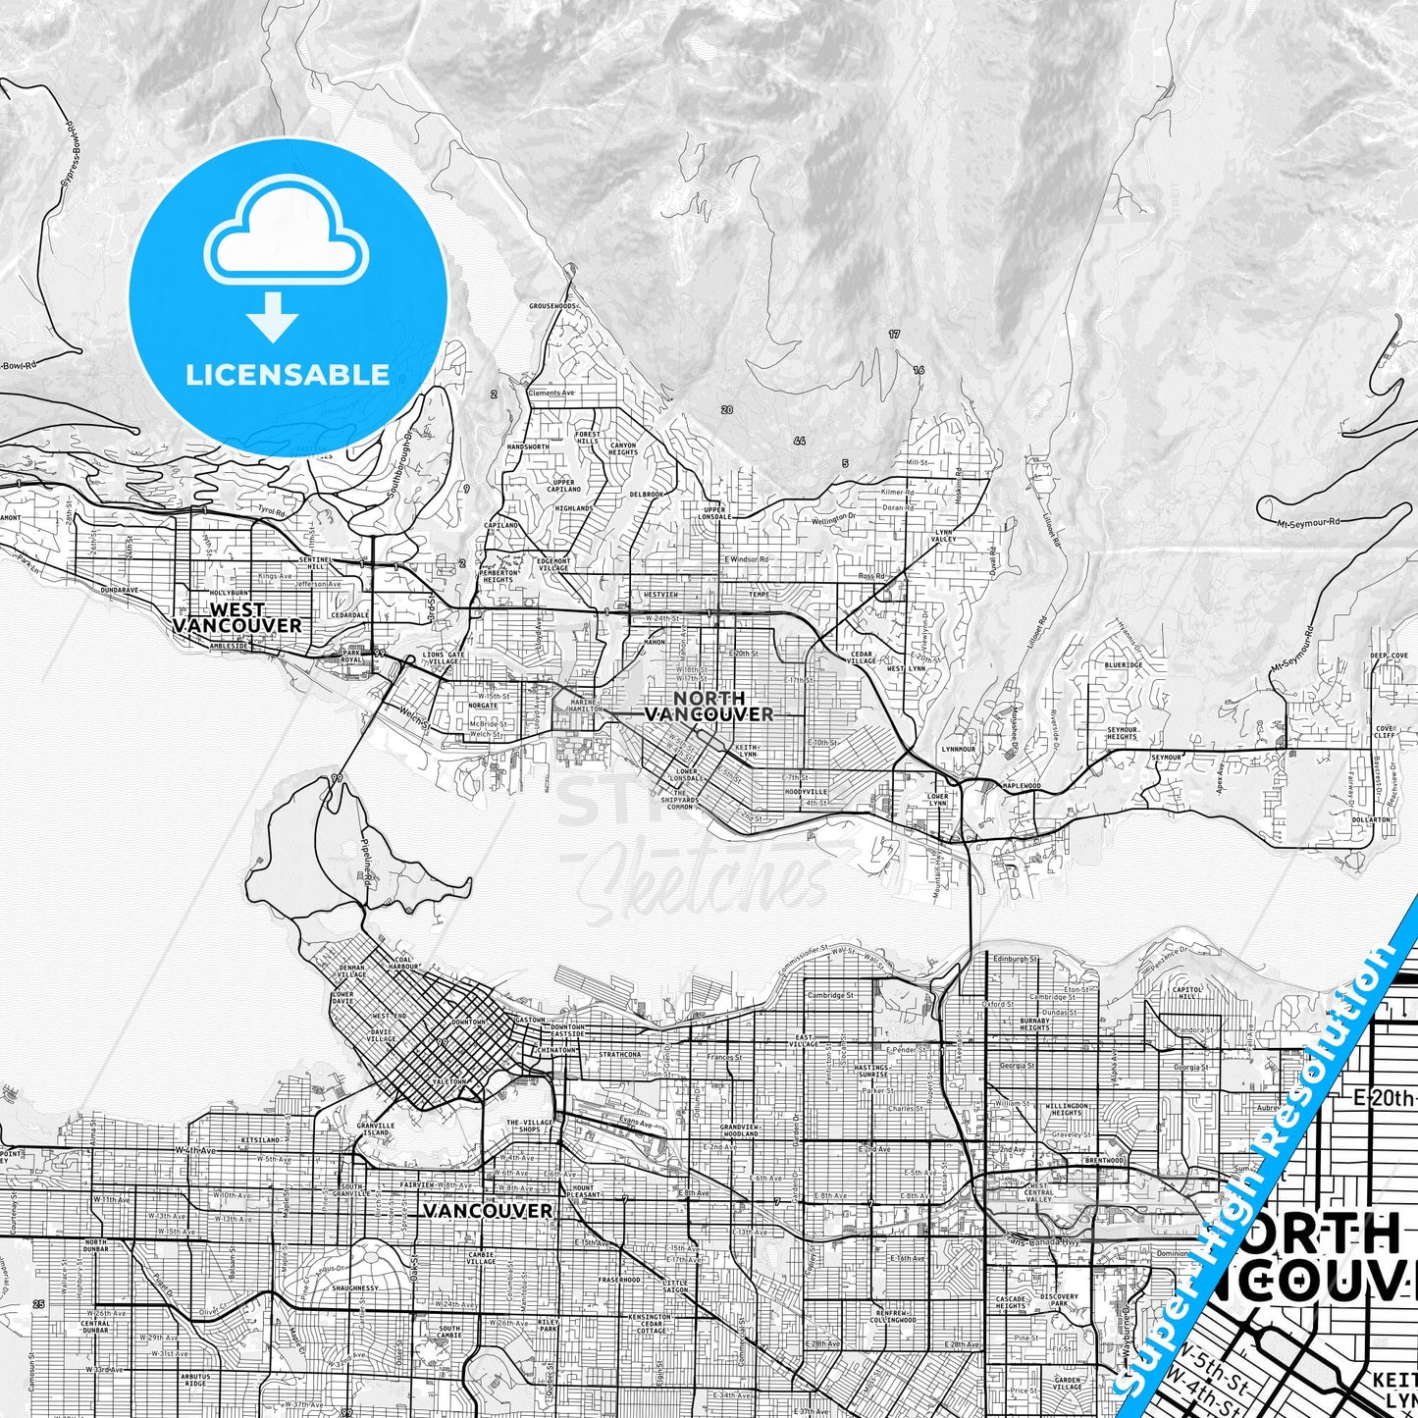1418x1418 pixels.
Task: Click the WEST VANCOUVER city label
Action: click(x=236, y=617)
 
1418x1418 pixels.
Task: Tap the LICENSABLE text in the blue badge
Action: click(x=288, y=374)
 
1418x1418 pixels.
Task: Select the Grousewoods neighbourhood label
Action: click(x=552, y=306)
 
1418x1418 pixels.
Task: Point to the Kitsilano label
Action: click(x=260, y=1140)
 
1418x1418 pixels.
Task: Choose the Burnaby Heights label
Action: click(x=1034, y=1024)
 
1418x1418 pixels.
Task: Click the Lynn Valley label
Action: click(x=944, y=536)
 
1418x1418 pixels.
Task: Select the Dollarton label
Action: click(x=1371, y=819)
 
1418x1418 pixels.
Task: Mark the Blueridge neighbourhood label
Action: click(x=1124, y=664)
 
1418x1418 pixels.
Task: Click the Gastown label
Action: click(x=529, y=1020)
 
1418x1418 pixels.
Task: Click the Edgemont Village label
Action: click(x=552, y=564)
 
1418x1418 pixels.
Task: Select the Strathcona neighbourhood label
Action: click(x=619, y=1055)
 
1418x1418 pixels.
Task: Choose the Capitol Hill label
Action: click(x=1187, y=993)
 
